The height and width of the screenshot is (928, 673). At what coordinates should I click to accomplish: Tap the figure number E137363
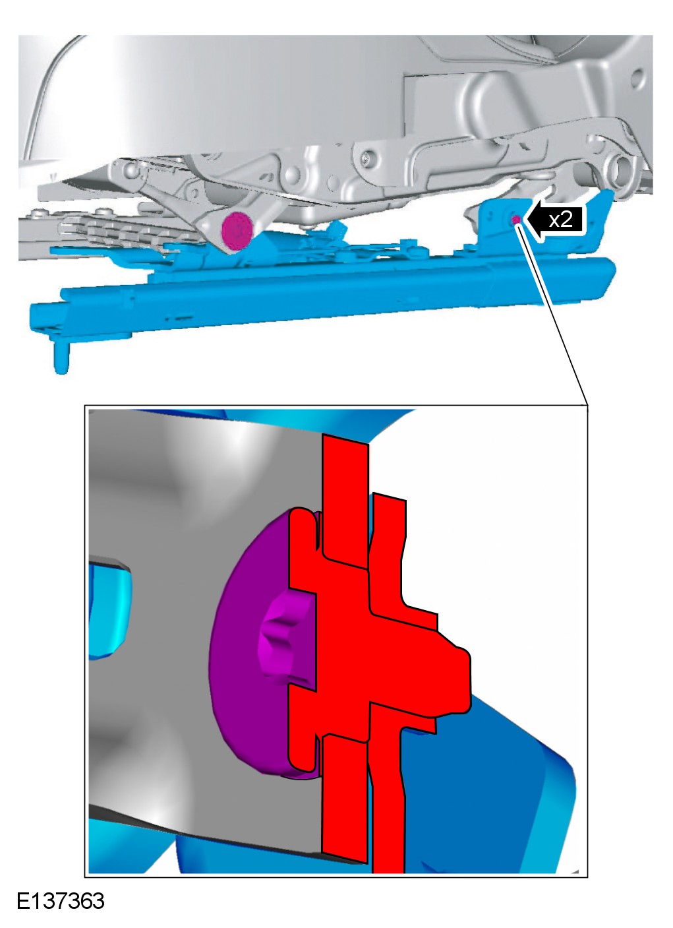[61, 901]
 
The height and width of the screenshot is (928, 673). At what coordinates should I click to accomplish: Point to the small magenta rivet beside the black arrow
[516, 219]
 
